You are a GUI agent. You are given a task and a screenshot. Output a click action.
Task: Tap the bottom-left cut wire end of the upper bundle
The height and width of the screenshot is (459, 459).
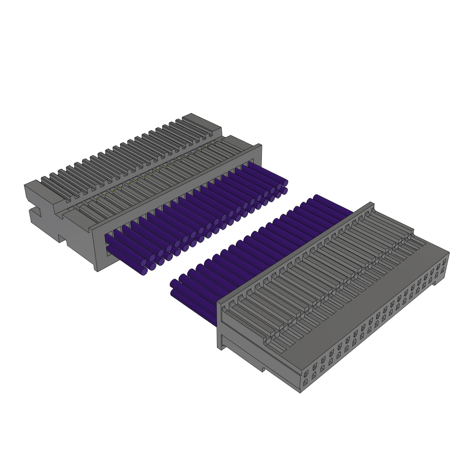click(144, 271)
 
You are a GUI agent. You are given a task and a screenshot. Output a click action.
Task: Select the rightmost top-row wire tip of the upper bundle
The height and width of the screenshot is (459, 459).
click(285, 183)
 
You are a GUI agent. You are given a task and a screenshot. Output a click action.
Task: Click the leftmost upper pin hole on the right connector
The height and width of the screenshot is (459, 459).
click(306, 373)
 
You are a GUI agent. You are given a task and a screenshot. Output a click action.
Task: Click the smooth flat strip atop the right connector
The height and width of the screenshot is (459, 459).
click(359, 314)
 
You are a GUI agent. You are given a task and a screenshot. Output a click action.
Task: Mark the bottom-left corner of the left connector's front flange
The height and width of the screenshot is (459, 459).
click(97, 271)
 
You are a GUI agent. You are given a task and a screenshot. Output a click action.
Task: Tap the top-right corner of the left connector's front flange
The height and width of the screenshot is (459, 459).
click(260, 145)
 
